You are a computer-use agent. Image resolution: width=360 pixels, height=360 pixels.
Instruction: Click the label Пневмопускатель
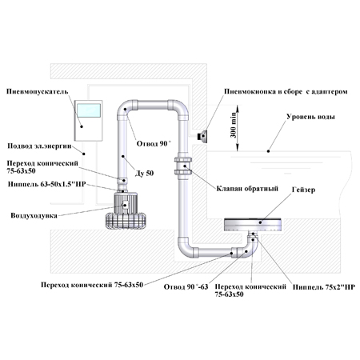38,92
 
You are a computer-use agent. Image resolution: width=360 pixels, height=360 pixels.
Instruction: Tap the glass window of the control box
89,110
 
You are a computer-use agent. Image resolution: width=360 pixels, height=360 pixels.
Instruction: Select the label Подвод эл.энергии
39,146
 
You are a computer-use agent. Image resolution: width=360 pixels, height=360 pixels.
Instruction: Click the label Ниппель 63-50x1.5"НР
46,184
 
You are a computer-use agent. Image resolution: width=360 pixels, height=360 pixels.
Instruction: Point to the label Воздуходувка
34,215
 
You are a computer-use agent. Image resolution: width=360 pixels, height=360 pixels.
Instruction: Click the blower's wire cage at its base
126,221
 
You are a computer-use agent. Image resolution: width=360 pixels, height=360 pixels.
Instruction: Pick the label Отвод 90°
153,144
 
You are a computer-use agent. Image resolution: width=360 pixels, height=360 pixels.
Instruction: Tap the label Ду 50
144,174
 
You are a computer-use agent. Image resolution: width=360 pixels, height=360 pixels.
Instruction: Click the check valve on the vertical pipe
183,166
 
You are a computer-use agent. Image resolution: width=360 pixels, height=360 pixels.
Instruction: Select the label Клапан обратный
247,189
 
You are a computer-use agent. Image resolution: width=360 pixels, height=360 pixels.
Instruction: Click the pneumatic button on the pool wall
202,136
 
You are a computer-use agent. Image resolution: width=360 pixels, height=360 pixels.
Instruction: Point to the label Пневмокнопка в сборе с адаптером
286,92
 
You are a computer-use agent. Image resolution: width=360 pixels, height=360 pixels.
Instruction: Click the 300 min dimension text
234,125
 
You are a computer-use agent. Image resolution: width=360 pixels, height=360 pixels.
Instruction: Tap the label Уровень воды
310,117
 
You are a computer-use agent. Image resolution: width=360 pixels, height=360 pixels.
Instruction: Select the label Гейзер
303,190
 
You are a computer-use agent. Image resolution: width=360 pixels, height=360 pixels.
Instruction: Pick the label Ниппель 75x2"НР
324,287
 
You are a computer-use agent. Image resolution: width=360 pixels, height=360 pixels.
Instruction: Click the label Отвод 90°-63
186,287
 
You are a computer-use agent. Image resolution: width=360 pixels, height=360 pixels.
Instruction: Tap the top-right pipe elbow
179,108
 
